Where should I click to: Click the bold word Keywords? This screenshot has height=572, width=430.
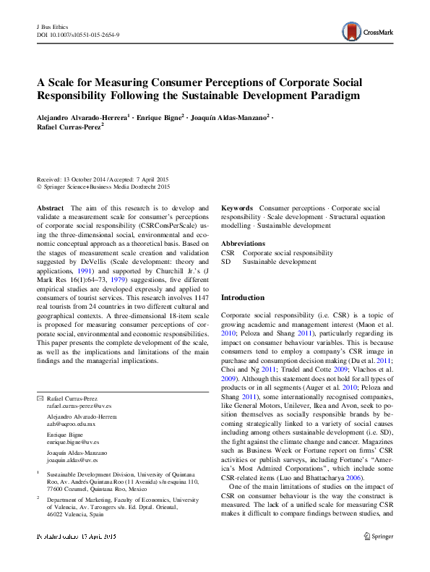(237, 207)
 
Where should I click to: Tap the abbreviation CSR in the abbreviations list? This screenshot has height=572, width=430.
(227, 253)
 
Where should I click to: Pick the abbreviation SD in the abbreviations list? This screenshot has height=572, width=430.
(225, 262)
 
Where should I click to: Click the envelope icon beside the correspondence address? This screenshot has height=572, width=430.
(40, 398)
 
